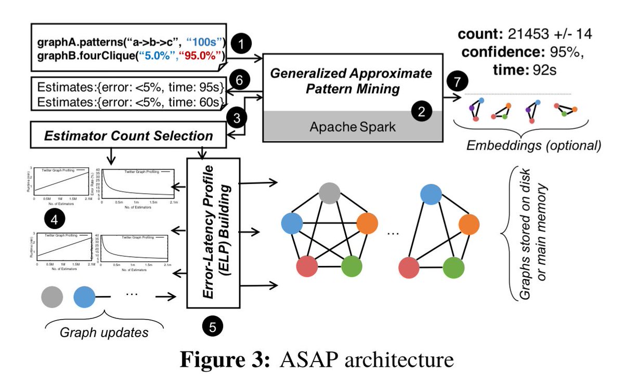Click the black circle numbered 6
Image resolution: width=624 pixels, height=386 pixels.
[238, 81]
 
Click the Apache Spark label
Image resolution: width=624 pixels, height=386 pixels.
[352, 126]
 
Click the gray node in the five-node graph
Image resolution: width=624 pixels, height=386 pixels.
[330, 193]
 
